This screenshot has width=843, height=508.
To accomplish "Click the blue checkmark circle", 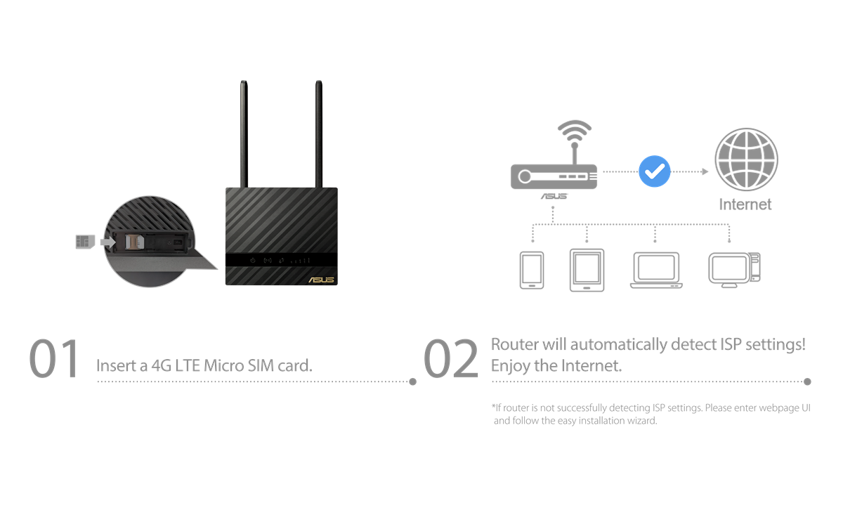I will coord(655,171).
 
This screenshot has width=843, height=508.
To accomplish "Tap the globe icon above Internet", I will coord(745,159).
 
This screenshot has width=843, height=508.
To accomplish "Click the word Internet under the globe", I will coord(745,204).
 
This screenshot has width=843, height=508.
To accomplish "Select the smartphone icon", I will coord(532,271).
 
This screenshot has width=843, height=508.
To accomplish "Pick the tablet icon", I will coord(587,270).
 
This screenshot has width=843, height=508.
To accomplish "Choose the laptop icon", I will coord(656,271).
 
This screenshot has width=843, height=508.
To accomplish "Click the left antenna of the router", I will coord(244,133).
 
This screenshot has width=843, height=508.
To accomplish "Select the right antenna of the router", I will coord(318,133).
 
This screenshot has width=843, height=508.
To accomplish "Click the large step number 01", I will coord(53,359).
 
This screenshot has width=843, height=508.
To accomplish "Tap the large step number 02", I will coord(450,359).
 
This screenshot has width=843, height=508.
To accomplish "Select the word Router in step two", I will coord(514,345).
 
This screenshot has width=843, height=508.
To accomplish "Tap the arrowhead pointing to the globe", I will coord(705,171).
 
